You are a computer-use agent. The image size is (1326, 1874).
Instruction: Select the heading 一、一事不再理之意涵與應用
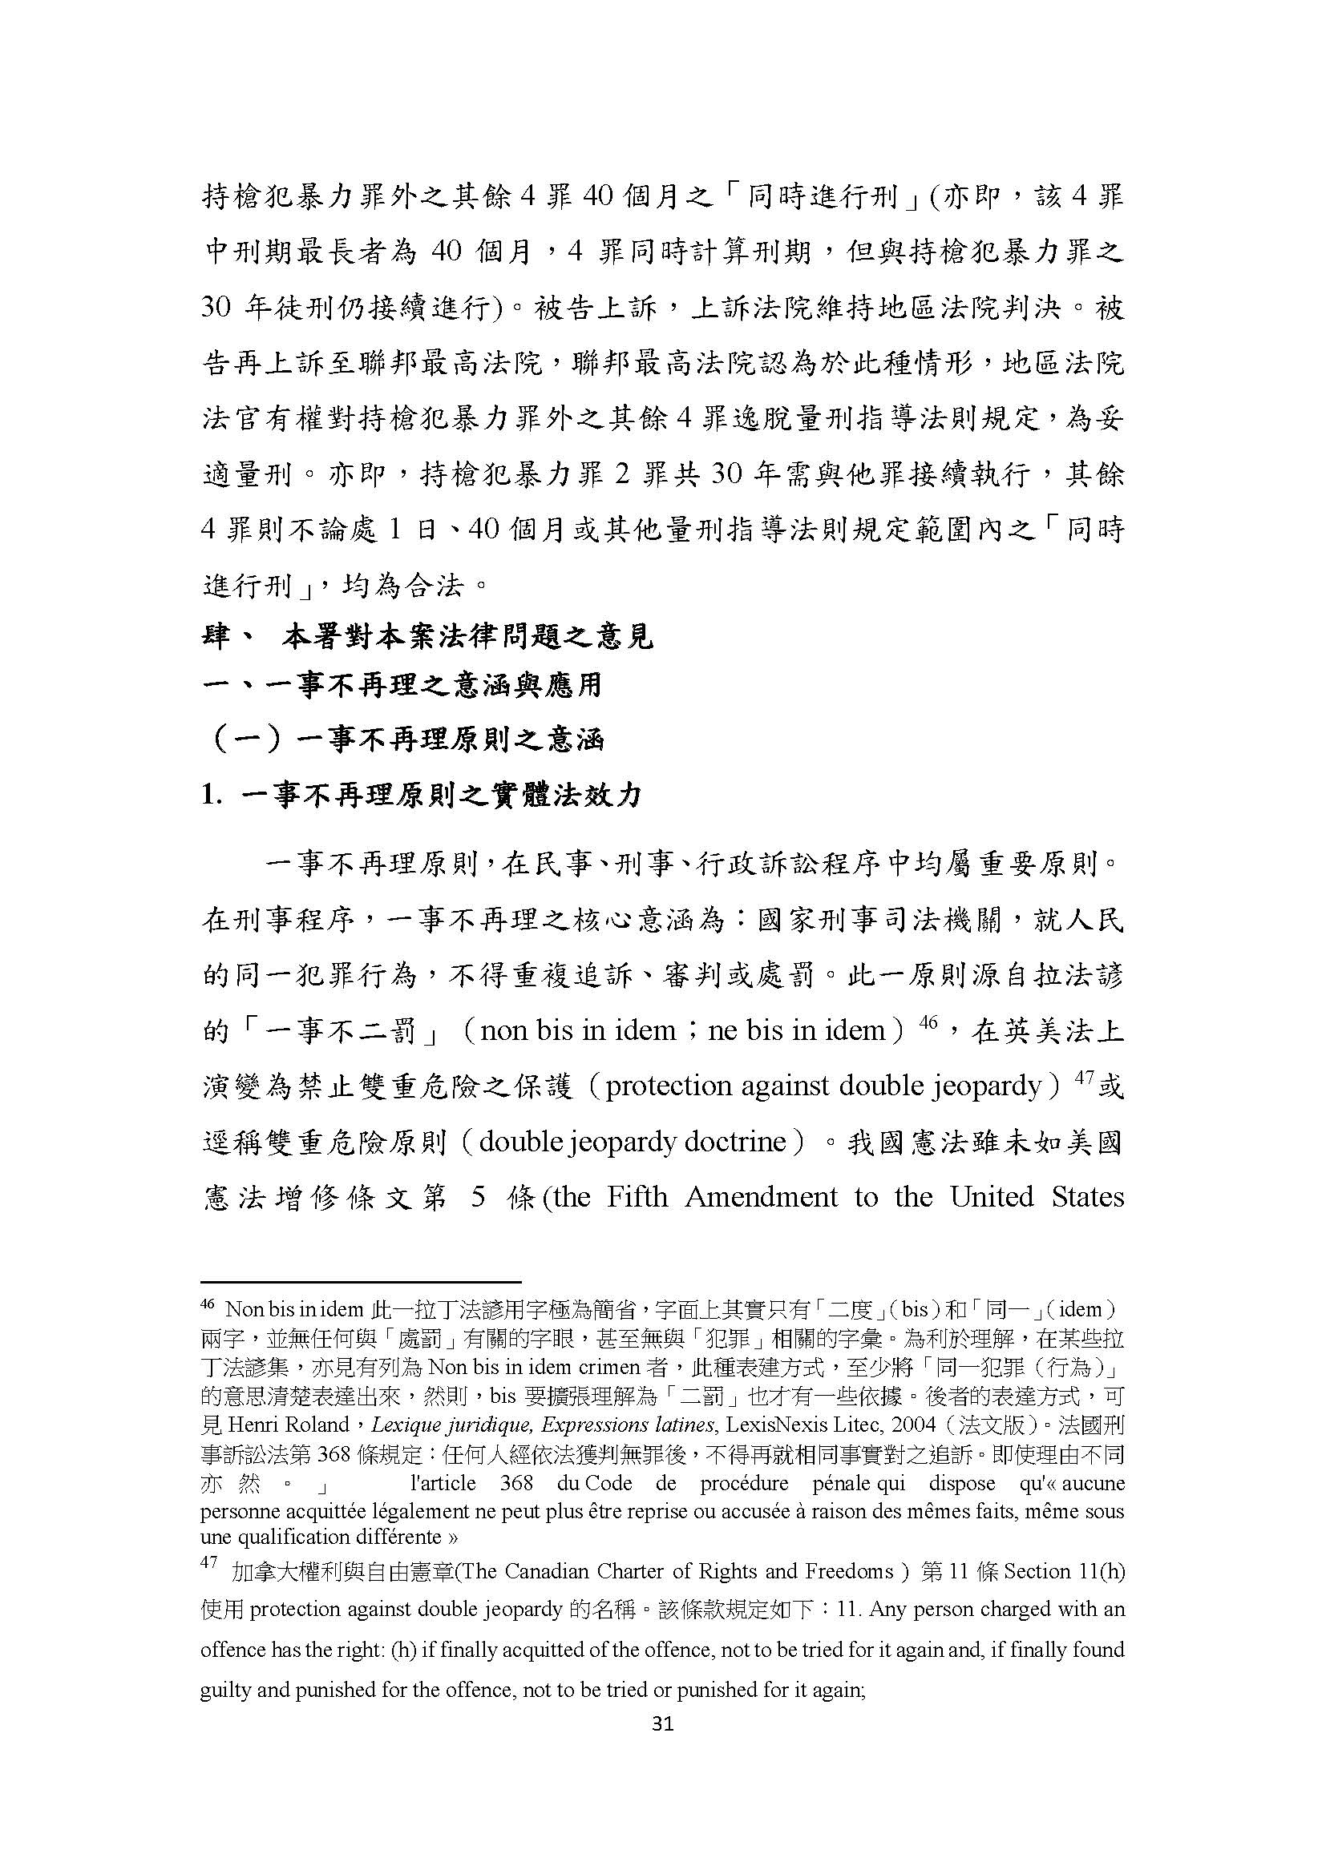pyautogui.click(x=402, y=685)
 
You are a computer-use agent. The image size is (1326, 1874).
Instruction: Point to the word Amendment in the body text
pyautogui.click(x=761, y=1196)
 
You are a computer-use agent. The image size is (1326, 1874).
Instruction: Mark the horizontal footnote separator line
pyautogui.click(x=360, y=1283)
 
